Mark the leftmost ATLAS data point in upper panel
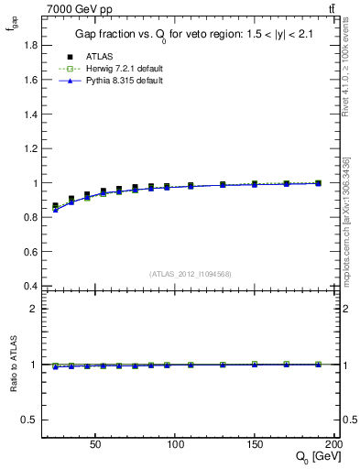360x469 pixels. (55, 206)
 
